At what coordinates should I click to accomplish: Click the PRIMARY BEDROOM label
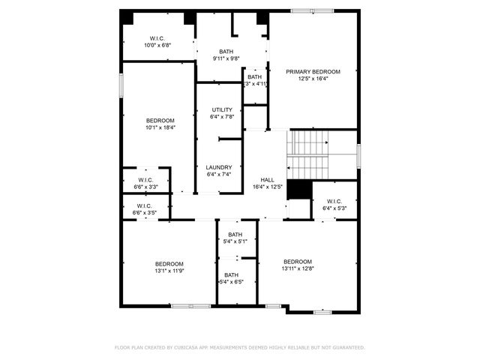coord(313,72)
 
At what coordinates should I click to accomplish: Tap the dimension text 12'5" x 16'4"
coord(313,79)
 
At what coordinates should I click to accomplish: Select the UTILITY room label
coord(221,110)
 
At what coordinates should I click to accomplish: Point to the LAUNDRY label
coord(219,167)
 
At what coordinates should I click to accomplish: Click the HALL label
coord(267,180)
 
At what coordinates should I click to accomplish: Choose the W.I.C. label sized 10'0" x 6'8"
coord(157,38)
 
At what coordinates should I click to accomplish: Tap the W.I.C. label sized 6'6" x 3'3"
coord(145,180)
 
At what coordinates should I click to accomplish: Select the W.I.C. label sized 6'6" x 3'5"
coord(145,206)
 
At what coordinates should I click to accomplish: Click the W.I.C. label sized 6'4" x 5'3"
coord(334,201)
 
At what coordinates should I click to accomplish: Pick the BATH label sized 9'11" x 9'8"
coord(226,52)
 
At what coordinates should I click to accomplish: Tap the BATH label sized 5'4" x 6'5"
coord(232,275)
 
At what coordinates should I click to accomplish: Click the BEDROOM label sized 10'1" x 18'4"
coord(160,121)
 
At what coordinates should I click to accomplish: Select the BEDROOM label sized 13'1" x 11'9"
coord(169,263)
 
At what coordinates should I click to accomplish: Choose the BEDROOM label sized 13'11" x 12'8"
coord(297,262)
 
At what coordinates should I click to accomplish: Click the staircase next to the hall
coord(310,154)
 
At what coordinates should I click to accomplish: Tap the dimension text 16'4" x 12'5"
coord(267,187)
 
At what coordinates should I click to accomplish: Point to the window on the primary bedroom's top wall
coord(312,10)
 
